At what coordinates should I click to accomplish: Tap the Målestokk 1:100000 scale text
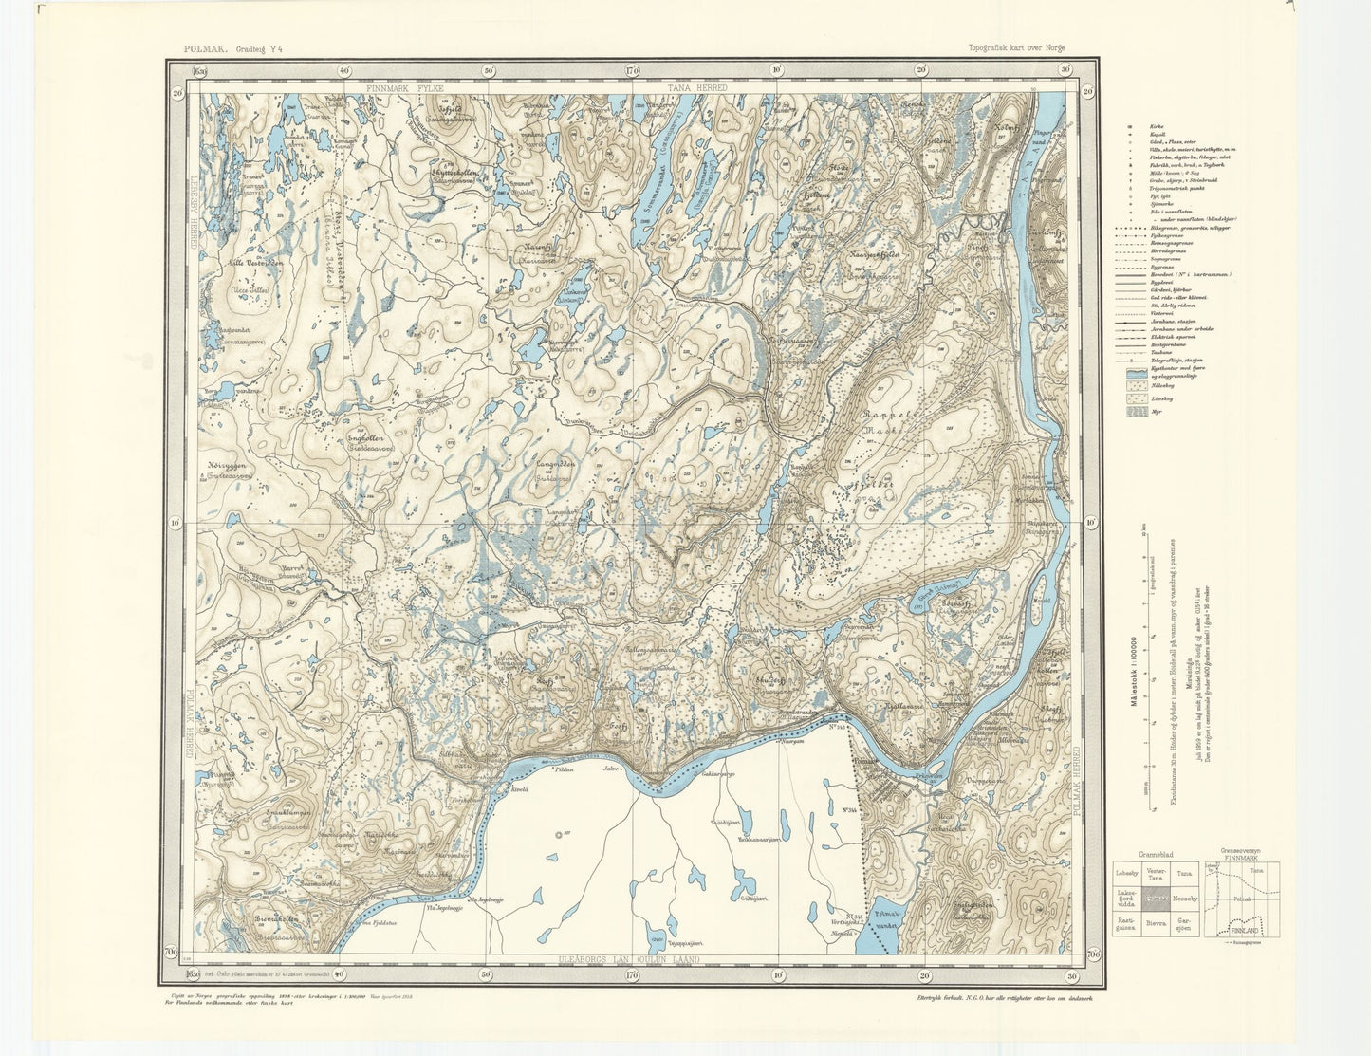(x=1133, y=665)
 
